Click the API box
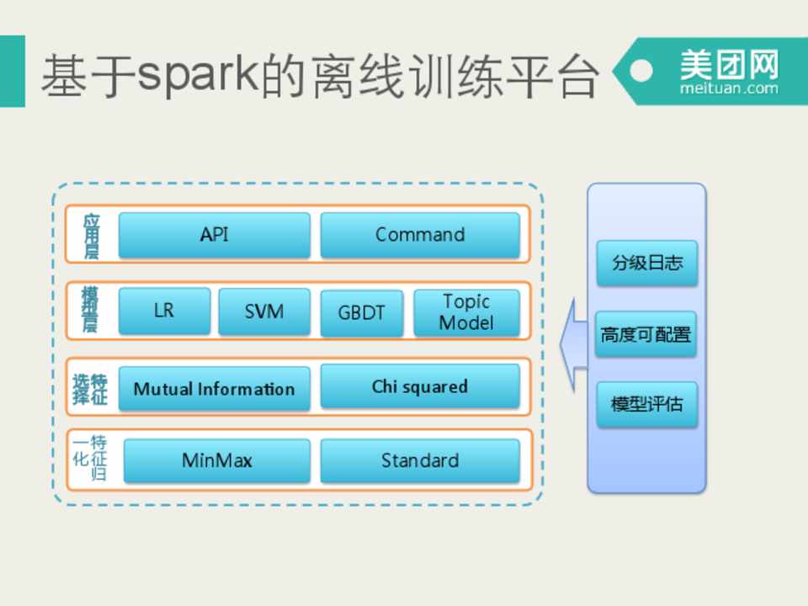[x=214, y=235]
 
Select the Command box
[x=419, y=235]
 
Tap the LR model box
[x=164, y=311]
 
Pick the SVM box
[x=263, y=311]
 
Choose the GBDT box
[x=361, y=313]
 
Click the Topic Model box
[x=466, y=312]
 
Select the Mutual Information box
[x=214, y=389]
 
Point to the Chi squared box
[x=419, y=387]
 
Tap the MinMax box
[x=216, y=460]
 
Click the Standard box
[x=419, y=460]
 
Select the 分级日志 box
[x=646, y=263]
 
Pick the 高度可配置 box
[x=646, y=334]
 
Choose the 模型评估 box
[x=646, y=404]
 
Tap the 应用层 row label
[x=91, y=235]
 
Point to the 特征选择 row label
[x=90, y=388]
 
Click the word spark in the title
[x=196, y=74]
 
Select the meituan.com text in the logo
[x=729, y=88]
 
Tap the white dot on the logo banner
[x=642, y=71]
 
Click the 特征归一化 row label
[x=90, y=459]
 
